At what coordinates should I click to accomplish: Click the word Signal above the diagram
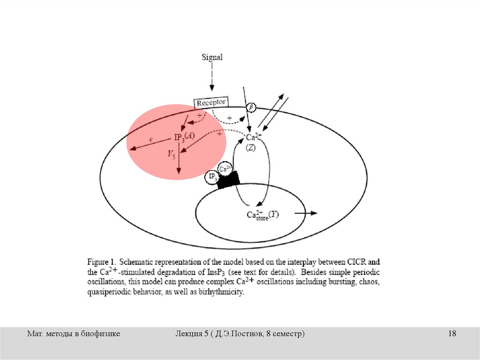coord(212,58)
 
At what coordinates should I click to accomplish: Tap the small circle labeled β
coord(251,107)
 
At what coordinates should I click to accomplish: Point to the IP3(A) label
coord(184,137)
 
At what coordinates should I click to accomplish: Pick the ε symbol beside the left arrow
coord(151,139)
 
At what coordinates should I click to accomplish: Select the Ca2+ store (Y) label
coord(262,215)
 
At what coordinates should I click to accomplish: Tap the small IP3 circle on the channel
coord(211,177)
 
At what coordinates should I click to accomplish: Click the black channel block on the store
coord(228,180)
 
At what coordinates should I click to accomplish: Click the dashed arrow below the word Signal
coord(212,77)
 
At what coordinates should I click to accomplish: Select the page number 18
coord(452,334)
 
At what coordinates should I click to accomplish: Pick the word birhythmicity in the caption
coord(220,292)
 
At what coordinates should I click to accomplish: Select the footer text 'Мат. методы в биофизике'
coord(74,334)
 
